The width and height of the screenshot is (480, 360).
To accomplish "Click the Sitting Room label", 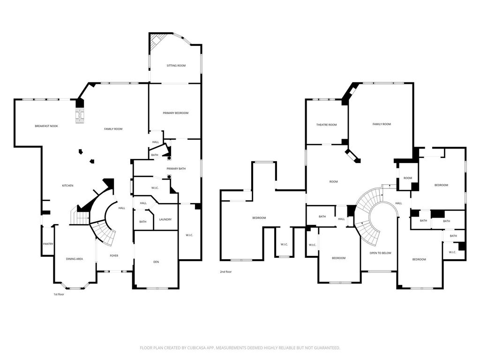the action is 176,66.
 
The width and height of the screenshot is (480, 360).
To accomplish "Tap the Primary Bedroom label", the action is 175,113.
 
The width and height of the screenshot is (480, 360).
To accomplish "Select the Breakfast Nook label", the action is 46,126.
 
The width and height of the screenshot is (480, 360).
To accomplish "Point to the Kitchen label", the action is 67,186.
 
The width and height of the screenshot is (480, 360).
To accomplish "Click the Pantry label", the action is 48,244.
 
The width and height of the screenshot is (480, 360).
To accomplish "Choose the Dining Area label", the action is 75,259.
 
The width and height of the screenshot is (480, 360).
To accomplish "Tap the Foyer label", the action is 114,255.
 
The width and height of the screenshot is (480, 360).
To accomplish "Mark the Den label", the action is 156,262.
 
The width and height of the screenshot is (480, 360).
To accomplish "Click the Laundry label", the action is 165,219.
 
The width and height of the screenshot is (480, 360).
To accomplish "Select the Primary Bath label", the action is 176,169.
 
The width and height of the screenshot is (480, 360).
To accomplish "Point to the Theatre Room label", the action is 326,125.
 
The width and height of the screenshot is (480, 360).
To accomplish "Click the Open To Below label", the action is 381,253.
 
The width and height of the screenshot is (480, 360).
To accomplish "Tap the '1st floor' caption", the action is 59,294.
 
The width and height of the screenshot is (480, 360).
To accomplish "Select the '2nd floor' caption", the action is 225,272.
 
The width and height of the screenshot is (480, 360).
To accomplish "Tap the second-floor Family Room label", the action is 382,124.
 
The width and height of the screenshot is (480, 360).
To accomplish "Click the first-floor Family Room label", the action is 113,129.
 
